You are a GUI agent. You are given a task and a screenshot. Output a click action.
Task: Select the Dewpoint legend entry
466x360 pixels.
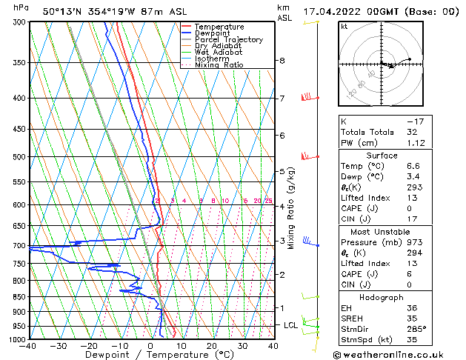pos(213,33)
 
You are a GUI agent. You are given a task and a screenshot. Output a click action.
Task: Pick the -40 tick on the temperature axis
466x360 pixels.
pos(28,346)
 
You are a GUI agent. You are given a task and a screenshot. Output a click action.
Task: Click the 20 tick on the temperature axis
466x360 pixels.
pos(212,346)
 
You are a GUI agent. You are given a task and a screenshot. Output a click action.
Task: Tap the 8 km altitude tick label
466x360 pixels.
pos(282,61)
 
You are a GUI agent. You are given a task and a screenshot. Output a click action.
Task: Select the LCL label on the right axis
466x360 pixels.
pos(291,325)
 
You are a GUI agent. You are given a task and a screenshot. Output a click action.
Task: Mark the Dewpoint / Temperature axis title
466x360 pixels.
pos(150,355)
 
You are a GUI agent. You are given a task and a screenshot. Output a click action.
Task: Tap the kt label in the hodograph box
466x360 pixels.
pos(344,26)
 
